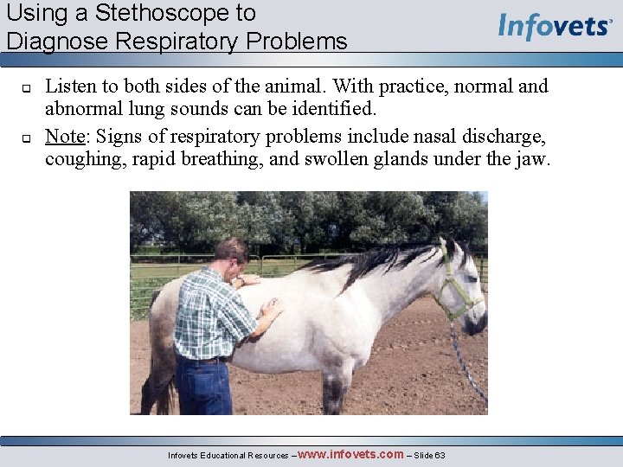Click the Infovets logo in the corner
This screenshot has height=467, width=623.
pos(554,26)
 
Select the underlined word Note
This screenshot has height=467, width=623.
pos(64,136)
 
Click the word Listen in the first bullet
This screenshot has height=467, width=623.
pos(70,86)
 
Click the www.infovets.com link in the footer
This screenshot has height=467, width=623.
pos(350,454)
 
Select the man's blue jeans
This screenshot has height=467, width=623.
pos(202,385)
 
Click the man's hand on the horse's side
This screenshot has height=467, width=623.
pos(272,306)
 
